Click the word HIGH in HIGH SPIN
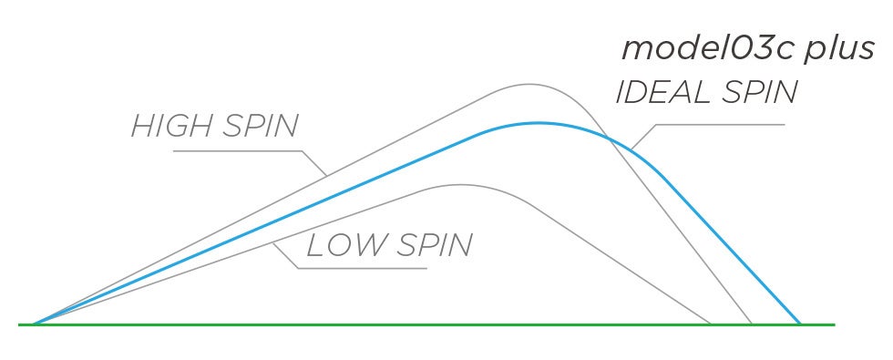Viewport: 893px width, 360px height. (171, 126)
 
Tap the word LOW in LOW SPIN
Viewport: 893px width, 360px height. (345, 244)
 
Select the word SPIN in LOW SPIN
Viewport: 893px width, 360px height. (434, 244)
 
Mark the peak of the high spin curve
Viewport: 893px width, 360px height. (529, 84)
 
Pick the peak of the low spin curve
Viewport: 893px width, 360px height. (461, 184)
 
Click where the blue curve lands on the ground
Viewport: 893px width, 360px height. (800, 324)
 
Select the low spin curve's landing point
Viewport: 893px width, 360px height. (711, 324)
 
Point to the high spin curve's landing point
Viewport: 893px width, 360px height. (752, 324)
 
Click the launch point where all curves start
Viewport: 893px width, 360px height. (33, 324)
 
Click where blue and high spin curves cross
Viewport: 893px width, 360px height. (608, 138)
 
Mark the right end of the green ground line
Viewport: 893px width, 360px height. (835, 324)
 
